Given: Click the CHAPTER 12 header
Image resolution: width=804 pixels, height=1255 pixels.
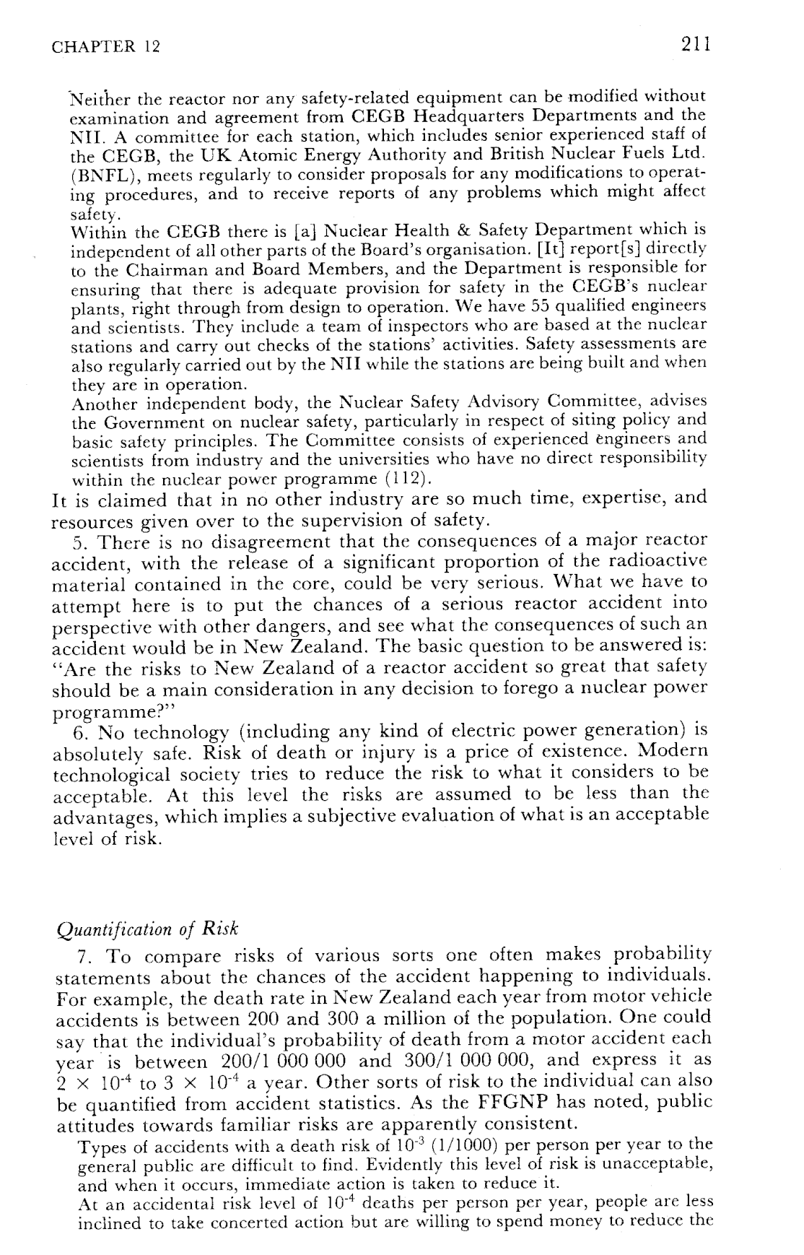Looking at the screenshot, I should coord(106,48).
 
